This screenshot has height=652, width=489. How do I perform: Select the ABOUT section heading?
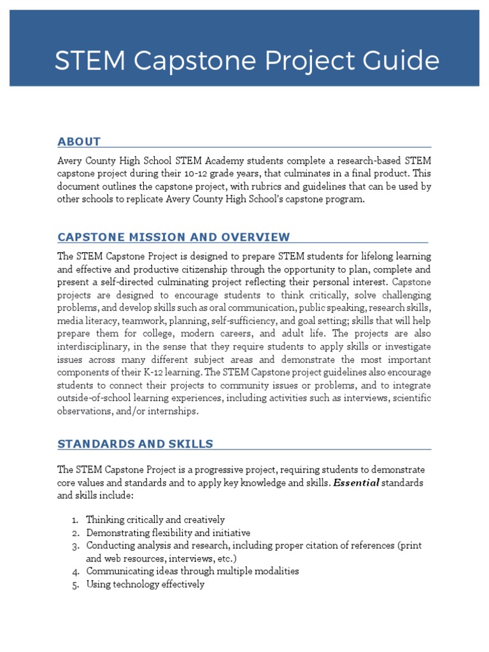(x=79, y=141)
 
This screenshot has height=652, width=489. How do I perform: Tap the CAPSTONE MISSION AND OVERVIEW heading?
(x=173, y=237)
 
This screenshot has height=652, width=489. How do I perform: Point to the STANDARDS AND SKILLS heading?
(x=135, y=444)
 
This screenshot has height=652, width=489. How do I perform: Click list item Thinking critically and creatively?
(x=155, y=520)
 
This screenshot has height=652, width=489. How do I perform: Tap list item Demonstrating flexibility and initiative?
(x=168, y=532)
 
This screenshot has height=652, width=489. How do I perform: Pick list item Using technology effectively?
(x=145, y=584)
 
